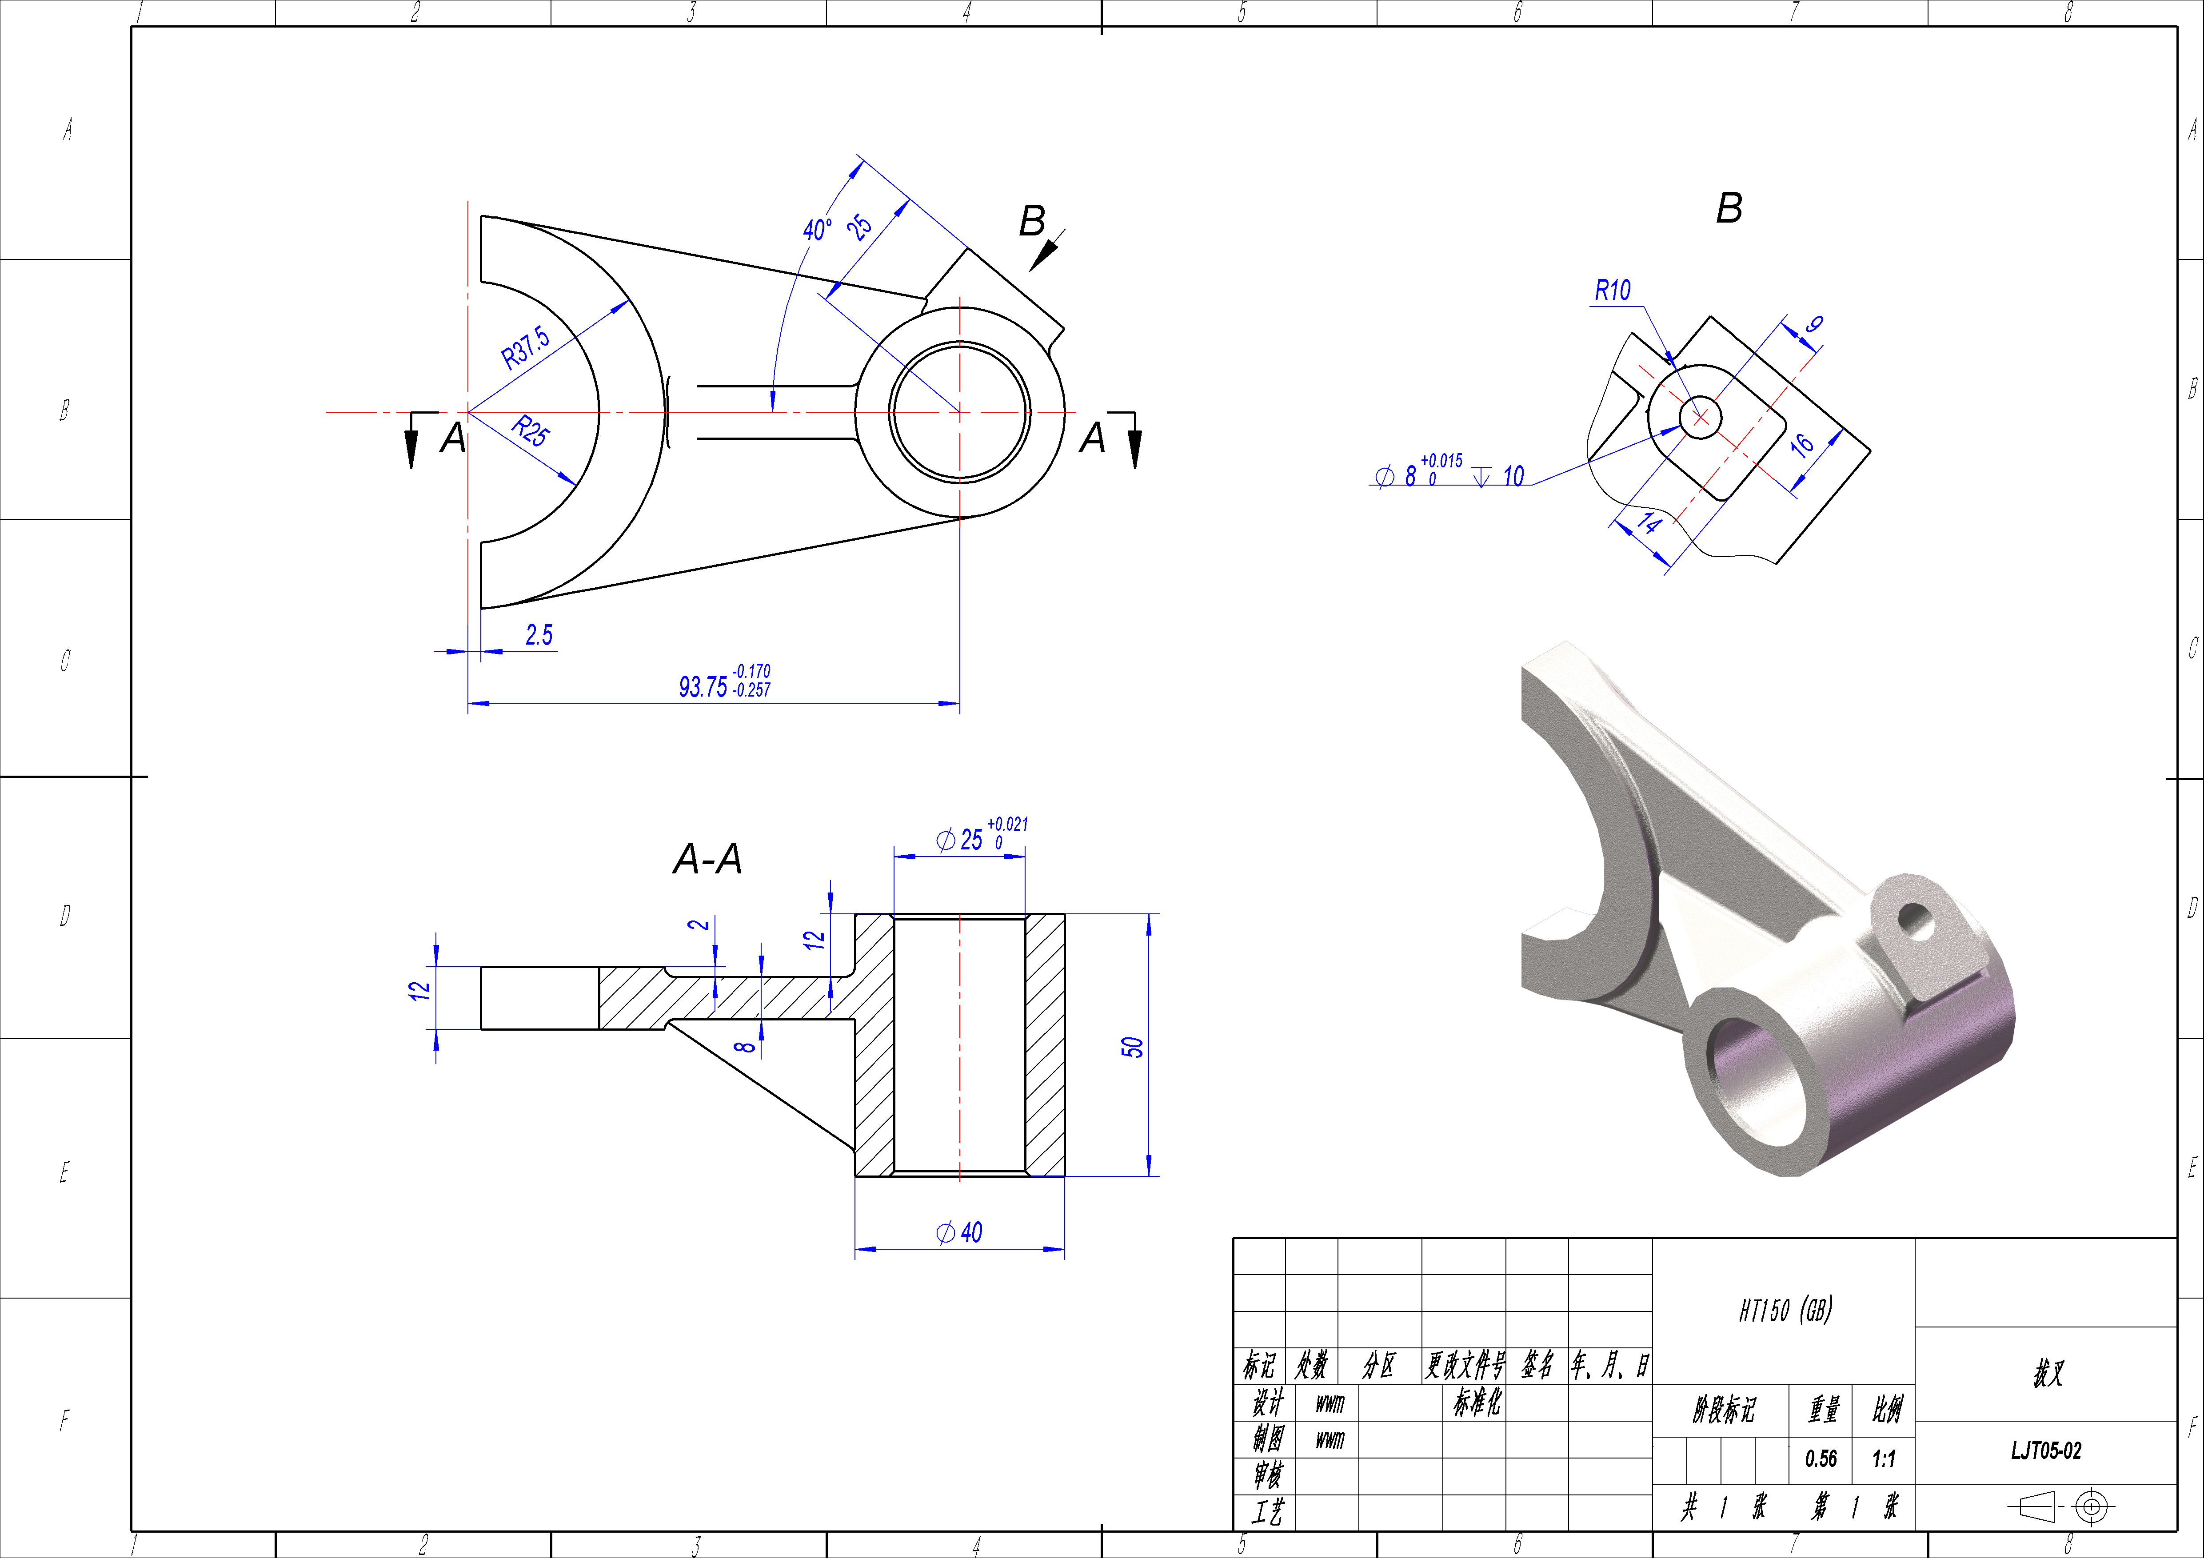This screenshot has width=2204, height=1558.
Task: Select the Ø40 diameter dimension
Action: pos(959,1232)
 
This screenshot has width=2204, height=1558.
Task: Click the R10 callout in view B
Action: pos(1613,290)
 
